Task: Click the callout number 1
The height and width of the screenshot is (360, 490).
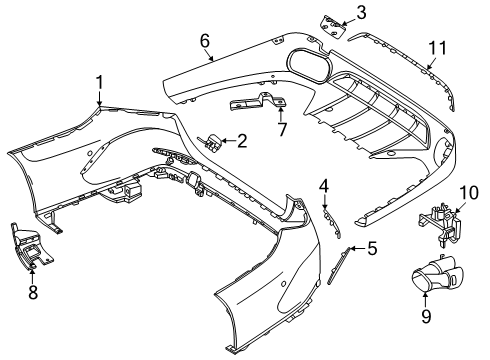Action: (x=99, y=83)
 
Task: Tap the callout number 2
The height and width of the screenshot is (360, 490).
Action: (x=242, y=141)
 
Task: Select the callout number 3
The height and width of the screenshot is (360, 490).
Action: (x=361, y=12)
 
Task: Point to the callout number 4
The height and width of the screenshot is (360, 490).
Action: (x=324, y=186)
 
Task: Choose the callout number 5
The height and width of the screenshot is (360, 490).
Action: (x=372, y=248)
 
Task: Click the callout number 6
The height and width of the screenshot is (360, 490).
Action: (x=205, y=41)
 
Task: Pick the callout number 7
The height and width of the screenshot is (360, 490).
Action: (x=282, y=129)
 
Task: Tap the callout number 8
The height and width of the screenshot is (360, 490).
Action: (x=33, y=292)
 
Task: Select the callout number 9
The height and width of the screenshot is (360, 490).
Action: (x=426, y=316)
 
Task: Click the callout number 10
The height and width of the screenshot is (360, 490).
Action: (x=469, y=193)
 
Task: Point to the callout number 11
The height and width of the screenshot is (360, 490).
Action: (x=437, y=48)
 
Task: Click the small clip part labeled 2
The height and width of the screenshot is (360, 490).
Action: (x=210, y=142)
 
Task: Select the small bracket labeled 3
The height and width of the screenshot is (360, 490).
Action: (x=332, y=27)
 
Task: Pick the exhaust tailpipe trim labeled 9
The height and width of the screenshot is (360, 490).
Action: (x=436, y=274)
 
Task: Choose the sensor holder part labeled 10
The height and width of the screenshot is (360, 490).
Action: (x=440, y=223)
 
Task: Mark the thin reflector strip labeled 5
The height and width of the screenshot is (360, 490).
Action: (x=339, y=265)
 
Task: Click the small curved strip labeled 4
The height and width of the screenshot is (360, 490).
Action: (x=332, y=222)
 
